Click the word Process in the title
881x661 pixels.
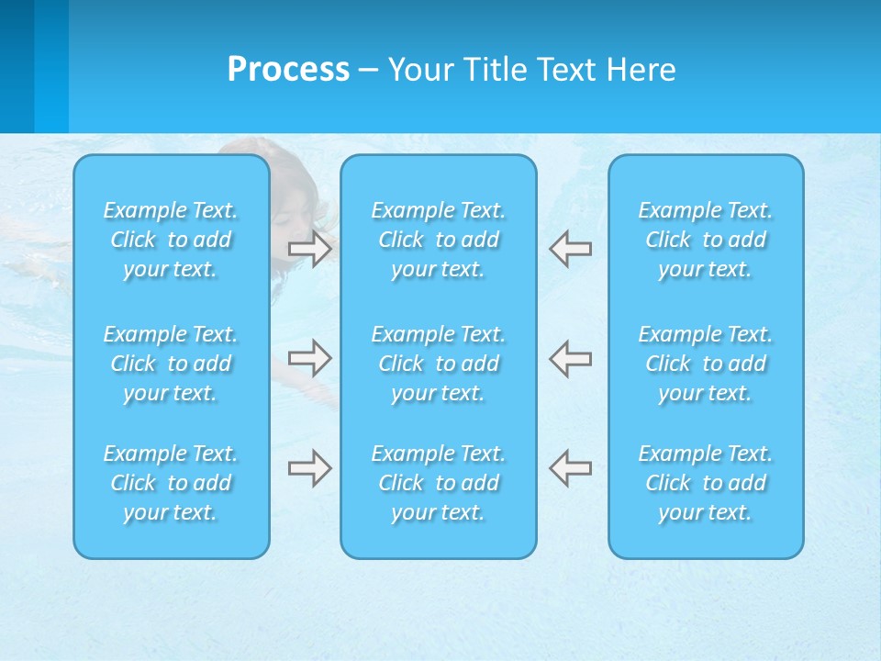pos(288,70)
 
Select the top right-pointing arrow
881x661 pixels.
pos(309,249)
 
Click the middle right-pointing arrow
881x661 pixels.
pos(309,357)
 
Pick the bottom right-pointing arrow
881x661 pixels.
pos(309,468)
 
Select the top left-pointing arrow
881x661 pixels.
pos(571,249)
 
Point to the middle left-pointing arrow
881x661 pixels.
pos(571,357)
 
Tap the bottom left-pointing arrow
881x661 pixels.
pos(571,468)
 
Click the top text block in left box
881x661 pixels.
pos(171,240)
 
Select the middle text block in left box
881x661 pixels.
pos(171,364)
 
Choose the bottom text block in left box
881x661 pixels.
pos(171,483)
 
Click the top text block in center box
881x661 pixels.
pos(438,240)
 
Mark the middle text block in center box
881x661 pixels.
pos(438,364)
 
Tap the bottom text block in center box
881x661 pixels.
pos(438,483)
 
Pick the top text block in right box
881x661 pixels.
pos(705,240)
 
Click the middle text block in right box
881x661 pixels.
pos(705,364)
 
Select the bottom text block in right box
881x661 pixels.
pos(705,483)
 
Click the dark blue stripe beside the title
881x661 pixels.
pos(17,66)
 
